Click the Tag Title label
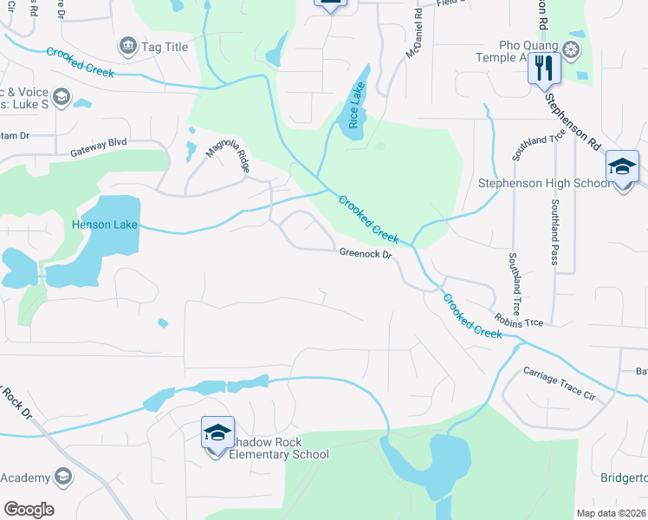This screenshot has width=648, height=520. (x=164, y=47)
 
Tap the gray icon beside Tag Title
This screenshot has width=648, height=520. (x=127, y=45)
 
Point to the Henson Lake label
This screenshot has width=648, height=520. (x=104, y=225)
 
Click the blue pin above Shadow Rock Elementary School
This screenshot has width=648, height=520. (x=217, y=431)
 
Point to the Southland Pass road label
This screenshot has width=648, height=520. (x=555, y=235)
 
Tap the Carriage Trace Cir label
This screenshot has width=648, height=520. (x=560, y=384)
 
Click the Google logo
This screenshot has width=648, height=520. (x=29, y=510)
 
